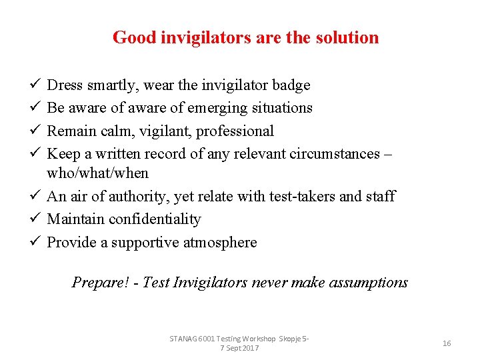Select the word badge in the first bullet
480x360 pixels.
292,85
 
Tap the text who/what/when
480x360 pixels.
97,173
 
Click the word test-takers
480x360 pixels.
303,197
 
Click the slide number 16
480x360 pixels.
447,343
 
